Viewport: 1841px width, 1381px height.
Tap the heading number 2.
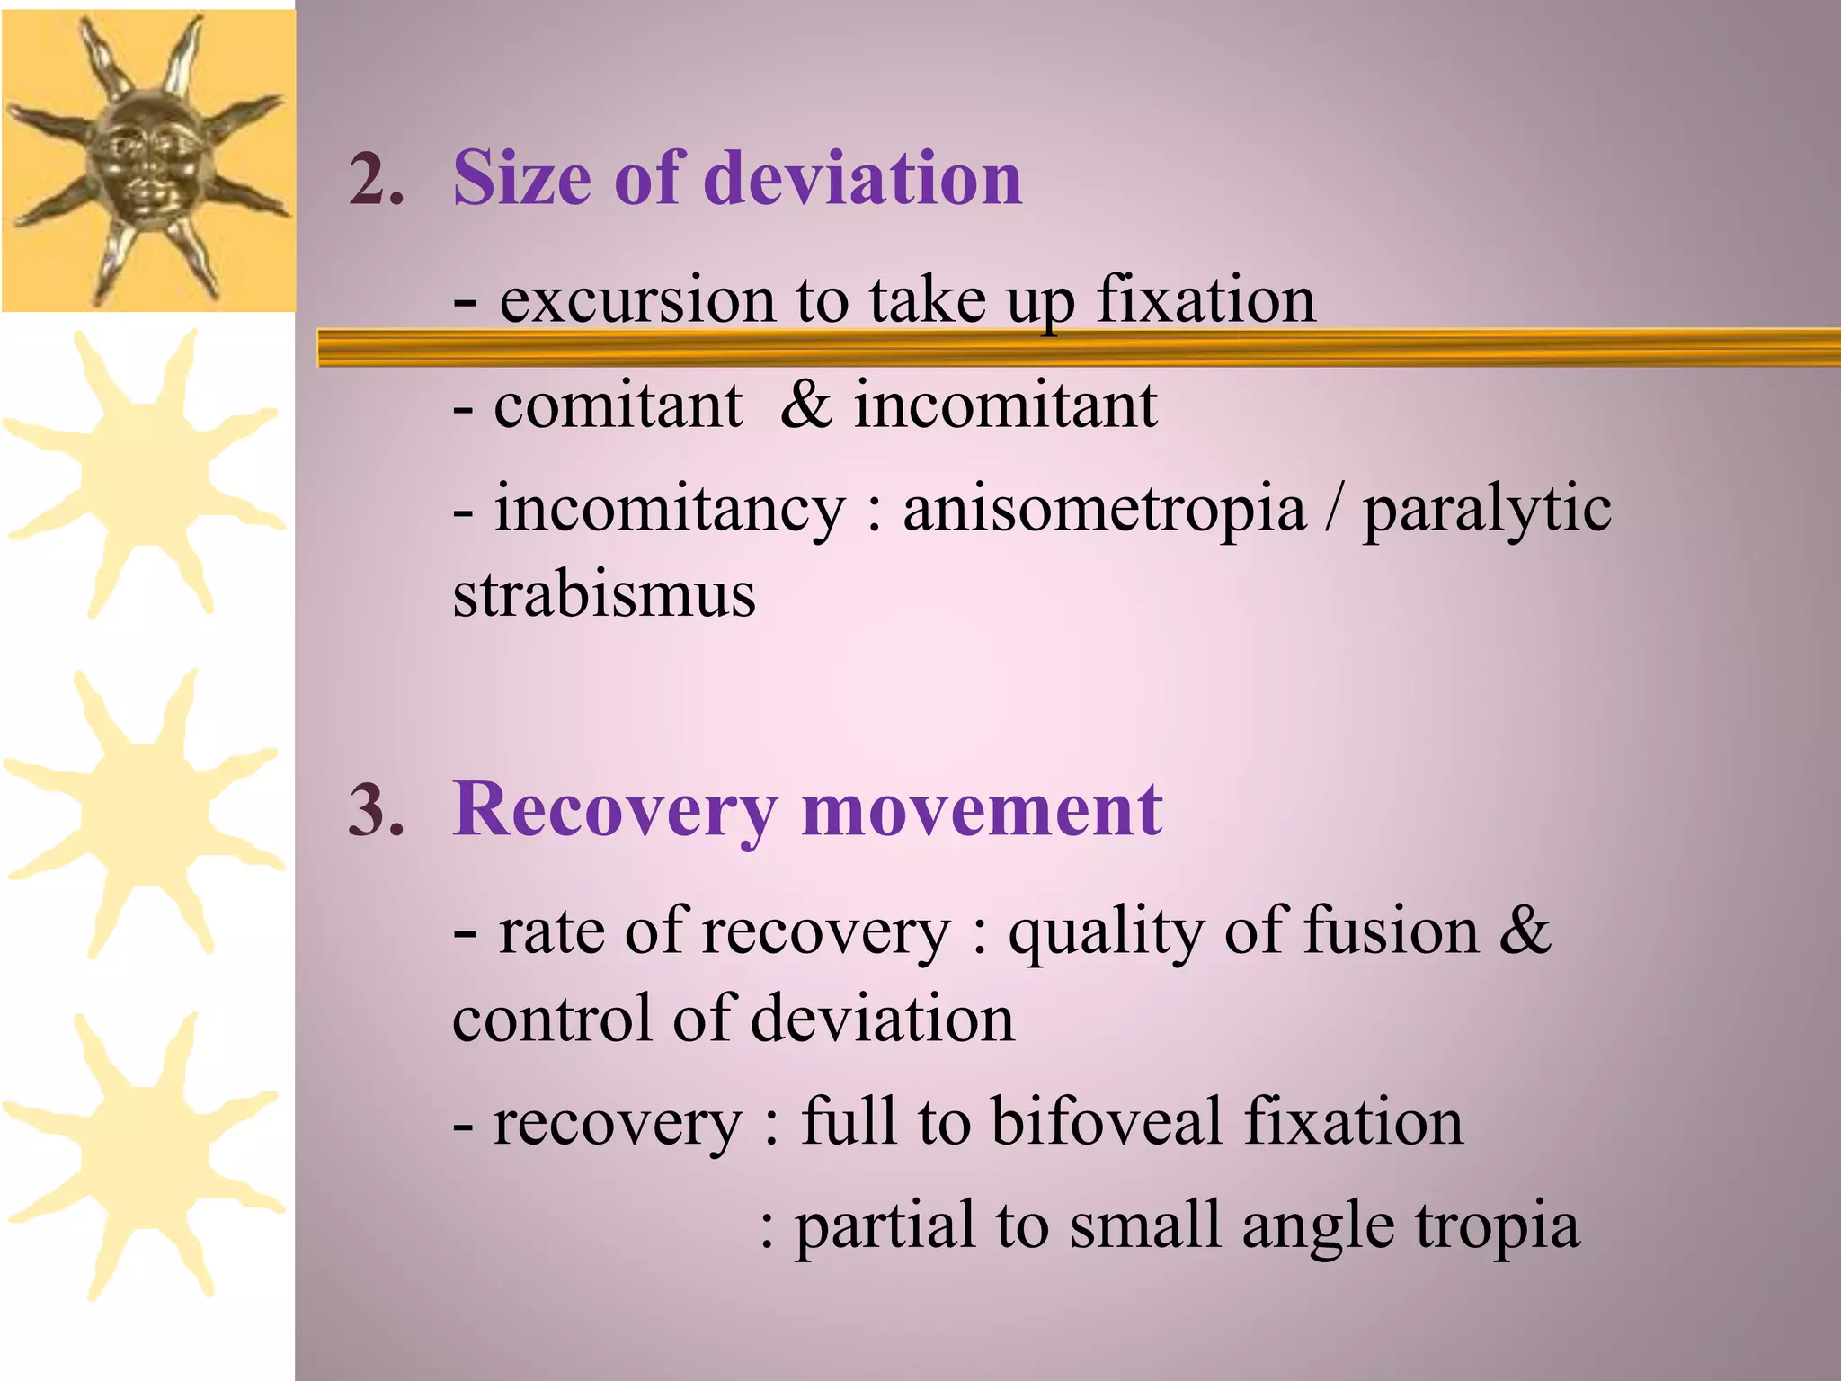pyautogui.click(x=376, y=180)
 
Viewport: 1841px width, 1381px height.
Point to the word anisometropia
pyautogui.click(x=1104, y=509)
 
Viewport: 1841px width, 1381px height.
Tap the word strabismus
pyautogui.click(x=604, y=594)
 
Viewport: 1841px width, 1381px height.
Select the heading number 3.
pyautogui.click(x=376, y=811)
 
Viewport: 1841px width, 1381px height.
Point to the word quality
pyautogui.click(x=1105, y=933)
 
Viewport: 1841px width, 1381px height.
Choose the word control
pyautogui.click(x=551, y=1019)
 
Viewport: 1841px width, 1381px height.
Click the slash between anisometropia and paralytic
pyautogui.click(x=1334, y=509)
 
